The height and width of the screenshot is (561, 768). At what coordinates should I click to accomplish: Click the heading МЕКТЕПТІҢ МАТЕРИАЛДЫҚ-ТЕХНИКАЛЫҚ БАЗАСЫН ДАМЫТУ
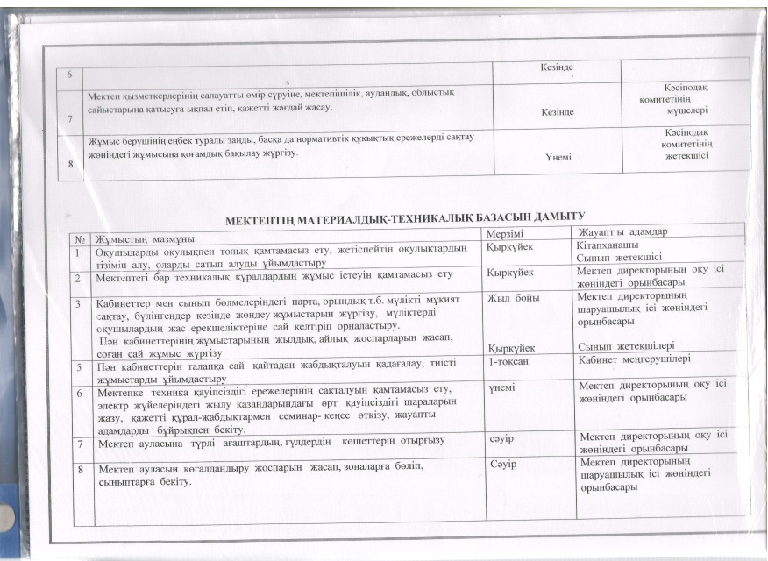pos(405,216)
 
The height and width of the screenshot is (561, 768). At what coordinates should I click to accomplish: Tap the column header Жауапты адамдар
pos(619,232)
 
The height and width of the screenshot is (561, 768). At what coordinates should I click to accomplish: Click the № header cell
pos(81,238)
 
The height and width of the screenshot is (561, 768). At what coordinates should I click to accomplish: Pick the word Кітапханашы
pos(607,246)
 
